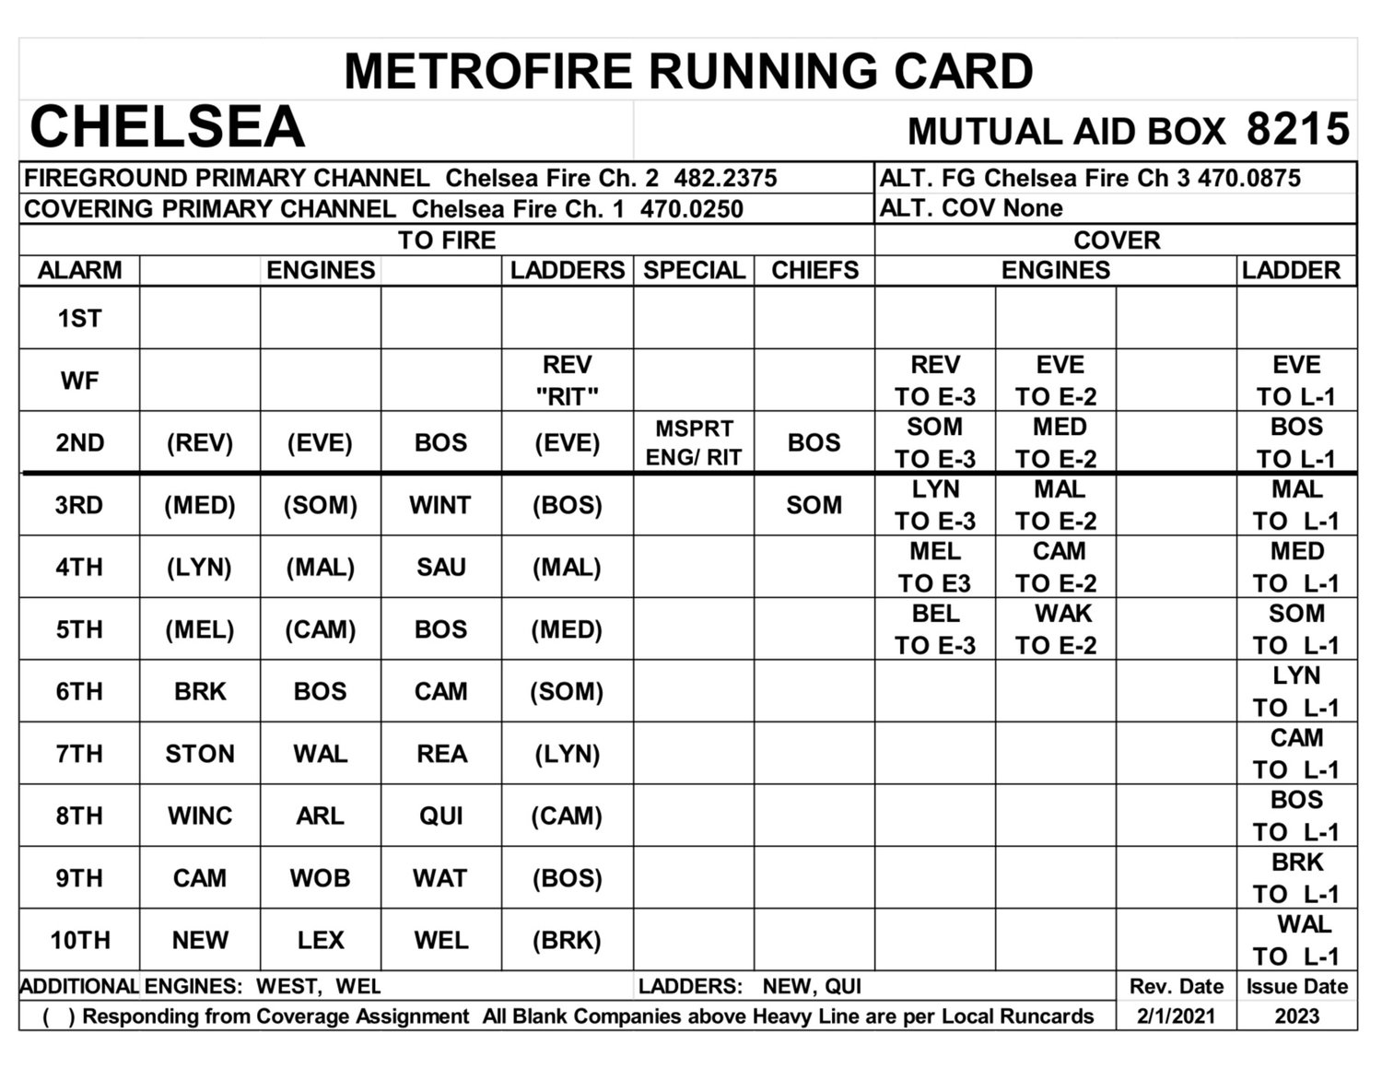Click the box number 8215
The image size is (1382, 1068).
[x=1297, y=129]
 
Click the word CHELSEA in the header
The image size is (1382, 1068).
[x=167, y=127]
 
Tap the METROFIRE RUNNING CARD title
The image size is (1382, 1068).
[x=688, y=72]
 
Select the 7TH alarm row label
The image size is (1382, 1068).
[x=79, y=754]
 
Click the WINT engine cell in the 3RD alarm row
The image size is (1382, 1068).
[x=440, y=505]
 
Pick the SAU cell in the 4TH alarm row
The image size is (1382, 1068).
[x=440, y=567]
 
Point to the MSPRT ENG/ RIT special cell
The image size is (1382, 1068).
[x=693, y=442]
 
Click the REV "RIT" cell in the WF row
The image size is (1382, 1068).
[x=567, y=380]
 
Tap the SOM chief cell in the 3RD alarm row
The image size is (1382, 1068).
[x=814, y=505]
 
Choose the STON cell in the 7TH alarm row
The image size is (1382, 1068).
[x=200, y=754]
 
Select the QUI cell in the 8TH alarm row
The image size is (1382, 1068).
[x=440, y=816]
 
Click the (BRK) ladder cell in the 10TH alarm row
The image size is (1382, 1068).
[x=567, y=940]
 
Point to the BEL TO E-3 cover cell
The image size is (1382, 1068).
[x=935, y=629]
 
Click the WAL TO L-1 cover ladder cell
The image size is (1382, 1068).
[x=1296, y=940]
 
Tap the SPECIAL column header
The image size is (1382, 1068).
[x=693, y=270]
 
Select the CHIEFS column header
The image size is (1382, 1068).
[x=814, y=270]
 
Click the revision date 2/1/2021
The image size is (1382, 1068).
[x=1176, y=1016]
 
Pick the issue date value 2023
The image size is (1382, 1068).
[x=1296, y=1016]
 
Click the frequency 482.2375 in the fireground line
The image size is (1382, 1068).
[x=725, y=178]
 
